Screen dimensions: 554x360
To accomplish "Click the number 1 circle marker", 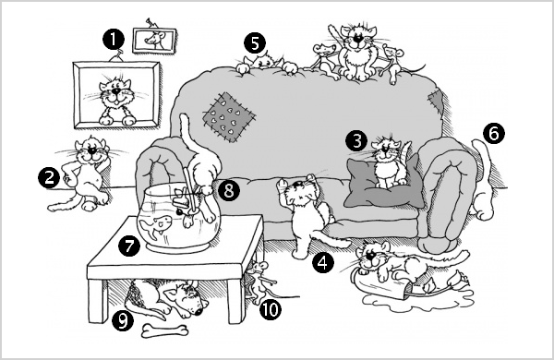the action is [114, 39].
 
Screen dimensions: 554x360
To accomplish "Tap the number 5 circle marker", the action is [255, 43].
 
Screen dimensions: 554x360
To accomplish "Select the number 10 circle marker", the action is [271, 310].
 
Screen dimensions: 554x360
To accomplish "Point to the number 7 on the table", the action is [129, 246].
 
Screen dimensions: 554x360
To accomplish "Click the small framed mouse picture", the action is [154, 41].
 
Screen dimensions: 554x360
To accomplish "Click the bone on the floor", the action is [164, 331].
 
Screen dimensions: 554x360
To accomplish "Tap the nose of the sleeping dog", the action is [199, 312].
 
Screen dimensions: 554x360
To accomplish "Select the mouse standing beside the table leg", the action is [259, 282].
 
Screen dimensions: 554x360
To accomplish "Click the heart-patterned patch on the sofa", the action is [229, 117].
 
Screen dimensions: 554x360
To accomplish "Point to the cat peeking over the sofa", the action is [267, 63].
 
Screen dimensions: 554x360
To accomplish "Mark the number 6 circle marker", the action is [494, 133].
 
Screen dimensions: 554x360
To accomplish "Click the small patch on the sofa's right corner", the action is [436, 101].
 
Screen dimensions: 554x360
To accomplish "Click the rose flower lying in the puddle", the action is [459, 280].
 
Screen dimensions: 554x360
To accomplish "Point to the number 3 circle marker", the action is [356, 140].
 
